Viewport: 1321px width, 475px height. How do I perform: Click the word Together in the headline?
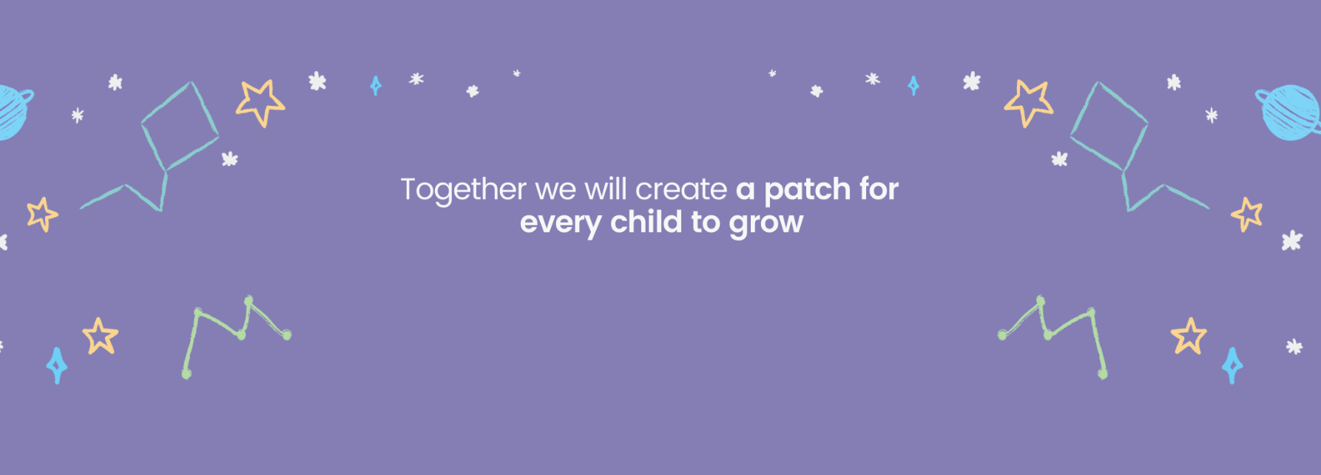click(463, 190)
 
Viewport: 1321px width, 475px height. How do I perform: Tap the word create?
click(681, 190)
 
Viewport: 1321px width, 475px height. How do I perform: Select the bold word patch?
click(807, 190)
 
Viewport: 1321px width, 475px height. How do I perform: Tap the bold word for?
click(879, 189)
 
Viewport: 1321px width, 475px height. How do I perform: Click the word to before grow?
click(705, 222)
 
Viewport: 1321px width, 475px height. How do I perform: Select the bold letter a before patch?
click(745, 191)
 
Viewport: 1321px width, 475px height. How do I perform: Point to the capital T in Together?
click(409, 189)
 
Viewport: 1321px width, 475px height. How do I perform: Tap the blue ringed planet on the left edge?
click(11, 112)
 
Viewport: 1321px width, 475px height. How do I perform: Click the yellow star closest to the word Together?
click(260, 102)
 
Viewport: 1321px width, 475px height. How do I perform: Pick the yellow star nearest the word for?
click(1028, 102)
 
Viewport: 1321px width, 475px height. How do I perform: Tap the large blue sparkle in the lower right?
click(1232, 365)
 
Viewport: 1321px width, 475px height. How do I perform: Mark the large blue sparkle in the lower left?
click(57, 365)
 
